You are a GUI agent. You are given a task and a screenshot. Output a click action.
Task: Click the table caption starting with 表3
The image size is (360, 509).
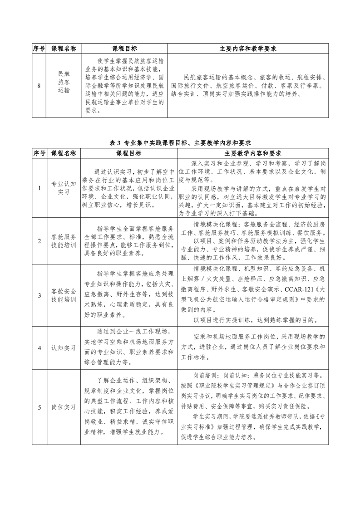click(180, 142)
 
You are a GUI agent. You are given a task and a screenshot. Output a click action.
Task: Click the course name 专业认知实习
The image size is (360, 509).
click(63, 188)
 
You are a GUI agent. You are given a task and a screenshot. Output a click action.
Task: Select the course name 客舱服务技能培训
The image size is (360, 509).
click(63, 241)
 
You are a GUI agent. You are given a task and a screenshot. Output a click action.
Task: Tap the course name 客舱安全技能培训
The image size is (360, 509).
click(63, 294)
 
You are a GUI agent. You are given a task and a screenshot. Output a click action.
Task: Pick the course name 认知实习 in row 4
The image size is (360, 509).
click(63, 347)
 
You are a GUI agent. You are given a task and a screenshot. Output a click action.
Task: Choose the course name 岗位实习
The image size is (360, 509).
click(63, 407)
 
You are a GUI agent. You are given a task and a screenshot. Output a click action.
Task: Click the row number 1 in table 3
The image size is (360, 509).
click(39, 188)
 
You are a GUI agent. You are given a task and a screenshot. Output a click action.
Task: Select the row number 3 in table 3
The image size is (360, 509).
click(39, 295)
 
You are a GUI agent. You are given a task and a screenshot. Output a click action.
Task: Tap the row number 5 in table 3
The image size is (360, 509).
click(39, 407)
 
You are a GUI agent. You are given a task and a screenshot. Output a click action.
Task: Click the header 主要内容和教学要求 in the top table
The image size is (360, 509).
click(248, 49)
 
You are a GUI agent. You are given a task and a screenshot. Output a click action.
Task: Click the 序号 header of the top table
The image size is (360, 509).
click(39, 49)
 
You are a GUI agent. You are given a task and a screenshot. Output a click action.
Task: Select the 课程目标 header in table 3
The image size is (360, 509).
click(129, 153)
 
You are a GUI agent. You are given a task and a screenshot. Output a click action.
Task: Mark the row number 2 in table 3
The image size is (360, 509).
click(39, 241)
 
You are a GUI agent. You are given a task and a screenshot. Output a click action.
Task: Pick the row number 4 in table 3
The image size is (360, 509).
click(39, 347)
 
